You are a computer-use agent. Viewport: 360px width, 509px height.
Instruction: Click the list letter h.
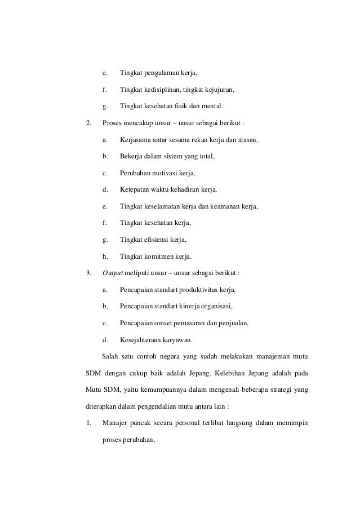pos(104,256)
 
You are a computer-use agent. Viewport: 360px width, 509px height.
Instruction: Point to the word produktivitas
pos(201,290)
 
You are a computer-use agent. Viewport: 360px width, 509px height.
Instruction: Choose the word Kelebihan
pos(241,373)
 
